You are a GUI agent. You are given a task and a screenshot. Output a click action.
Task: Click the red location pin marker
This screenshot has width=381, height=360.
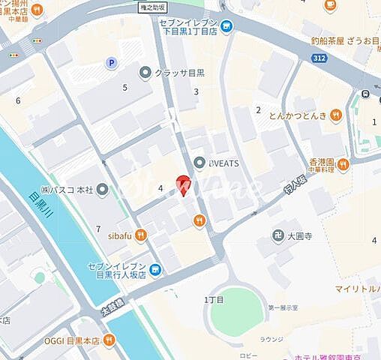pos(182,183)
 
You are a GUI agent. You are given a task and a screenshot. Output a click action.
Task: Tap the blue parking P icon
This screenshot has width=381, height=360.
pos(112,64)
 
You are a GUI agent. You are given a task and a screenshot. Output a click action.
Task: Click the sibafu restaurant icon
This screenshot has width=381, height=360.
pos(141,235)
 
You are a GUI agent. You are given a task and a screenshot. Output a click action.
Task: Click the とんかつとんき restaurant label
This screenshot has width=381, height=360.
pos(301,115)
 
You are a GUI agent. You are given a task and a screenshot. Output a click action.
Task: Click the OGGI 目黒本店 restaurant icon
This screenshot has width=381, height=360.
pos(109,339)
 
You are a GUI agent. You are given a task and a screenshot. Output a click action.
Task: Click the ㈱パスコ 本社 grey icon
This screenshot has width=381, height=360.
pos(102,188)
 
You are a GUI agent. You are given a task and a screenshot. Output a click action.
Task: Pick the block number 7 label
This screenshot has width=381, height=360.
pos(97,228)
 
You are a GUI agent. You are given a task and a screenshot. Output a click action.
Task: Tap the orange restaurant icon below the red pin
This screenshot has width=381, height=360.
pos(199,220)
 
